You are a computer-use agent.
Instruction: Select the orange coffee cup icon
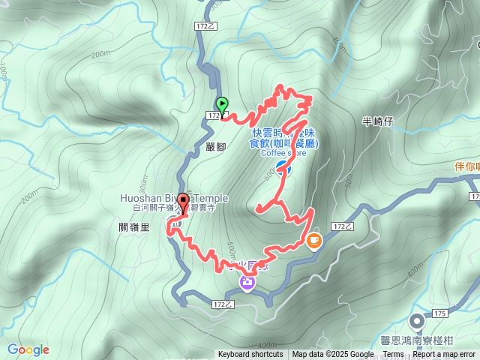[313, 241]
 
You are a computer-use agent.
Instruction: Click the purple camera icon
[247, 282]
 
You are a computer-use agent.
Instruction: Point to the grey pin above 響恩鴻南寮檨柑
[417, 321]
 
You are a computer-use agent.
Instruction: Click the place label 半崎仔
[377, 121]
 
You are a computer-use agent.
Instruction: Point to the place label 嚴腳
[215, 147]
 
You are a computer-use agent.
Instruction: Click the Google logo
[28, 349]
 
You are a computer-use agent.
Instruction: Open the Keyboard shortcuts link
[250, 355]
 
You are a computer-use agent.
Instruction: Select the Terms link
[393, 355]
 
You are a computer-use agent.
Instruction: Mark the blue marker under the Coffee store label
[282, 167]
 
